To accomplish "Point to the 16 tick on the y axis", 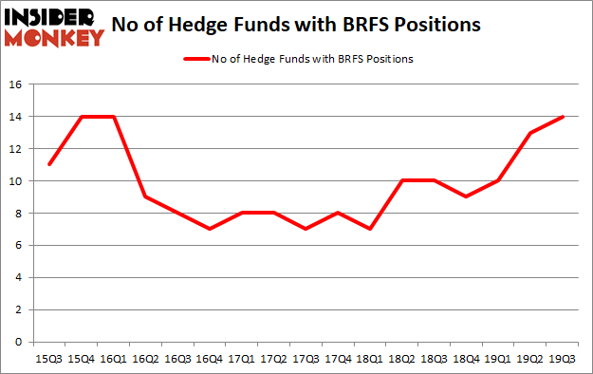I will click(15, 84).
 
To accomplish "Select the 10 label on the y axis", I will click(15, 181).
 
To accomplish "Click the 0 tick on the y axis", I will click(19, 342).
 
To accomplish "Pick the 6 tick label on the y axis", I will click(19, 245).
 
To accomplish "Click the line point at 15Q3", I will click(47, 164).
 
